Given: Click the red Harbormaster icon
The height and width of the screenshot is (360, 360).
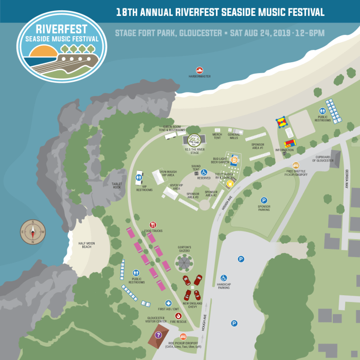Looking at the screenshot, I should [200, 70].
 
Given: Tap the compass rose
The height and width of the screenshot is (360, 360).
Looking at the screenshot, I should [33, 232].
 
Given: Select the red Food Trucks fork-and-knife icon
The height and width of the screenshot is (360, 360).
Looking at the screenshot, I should [153, 225].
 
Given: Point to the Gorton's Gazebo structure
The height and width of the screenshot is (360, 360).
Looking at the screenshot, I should [184, 263].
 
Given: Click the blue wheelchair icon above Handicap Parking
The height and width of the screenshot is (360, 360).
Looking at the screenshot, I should [224, 278].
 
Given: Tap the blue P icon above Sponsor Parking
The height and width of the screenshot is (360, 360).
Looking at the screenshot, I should [264, 201].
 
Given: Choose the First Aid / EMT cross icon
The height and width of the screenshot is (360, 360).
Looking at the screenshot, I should [168, 303].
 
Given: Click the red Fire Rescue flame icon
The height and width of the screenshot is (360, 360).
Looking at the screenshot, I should [178, 316].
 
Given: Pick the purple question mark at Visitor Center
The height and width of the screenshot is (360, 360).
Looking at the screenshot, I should [158, 335].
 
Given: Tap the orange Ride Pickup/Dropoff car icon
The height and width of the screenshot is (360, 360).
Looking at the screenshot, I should [183, 336].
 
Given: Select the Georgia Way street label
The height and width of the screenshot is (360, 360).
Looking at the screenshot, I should [347, 179].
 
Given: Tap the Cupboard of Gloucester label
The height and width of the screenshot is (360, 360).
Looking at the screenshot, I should [323, 159].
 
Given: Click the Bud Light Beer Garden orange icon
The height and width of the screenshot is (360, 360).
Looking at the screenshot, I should [234, 160].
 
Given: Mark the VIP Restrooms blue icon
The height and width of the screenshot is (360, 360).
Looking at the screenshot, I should [138, 177].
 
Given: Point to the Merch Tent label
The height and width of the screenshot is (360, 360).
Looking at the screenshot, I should [217, 136].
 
